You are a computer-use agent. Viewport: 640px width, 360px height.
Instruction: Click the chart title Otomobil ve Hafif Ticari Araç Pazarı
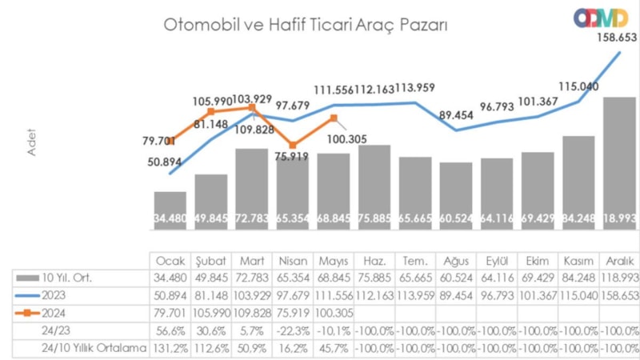pyautogui.click(x=305, y=26)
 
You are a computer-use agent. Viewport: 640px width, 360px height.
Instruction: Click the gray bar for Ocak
pyautogui.click(x=170, y=212)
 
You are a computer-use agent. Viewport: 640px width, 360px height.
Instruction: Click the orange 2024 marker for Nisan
pyautogui.click(x=294, y=146)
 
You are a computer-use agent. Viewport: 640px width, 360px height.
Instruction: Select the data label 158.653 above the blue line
pyautogui.click(x=615, y=37)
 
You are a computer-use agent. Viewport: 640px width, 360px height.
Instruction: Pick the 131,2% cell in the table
pyautogui.click(x=170, y=348)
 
